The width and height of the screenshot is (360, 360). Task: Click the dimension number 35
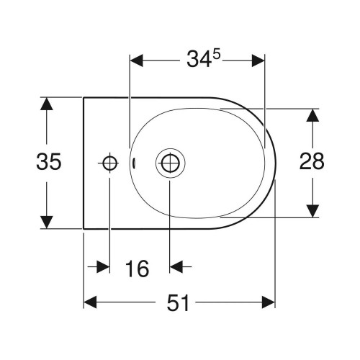pos(49,161)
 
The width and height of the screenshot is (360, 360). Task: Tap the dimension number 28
pos(312,161)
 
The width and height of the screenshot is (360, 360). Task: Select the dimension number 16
pos(137,269)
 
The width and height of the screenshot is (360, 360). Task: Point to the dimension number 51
pos(178,303)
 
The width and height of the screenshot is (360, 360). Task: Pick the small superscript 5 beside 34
pos(217,55)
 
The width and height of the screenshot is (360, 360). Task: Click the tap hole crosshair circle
pos(110,163)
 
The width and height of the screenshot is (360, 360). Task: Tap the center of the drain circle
pos(170,163)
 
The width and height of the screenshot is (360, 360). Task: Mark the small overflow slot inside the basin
pos(134,163)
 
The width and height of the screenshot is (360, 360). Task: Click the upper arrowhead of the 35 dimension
pos(47,104)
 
